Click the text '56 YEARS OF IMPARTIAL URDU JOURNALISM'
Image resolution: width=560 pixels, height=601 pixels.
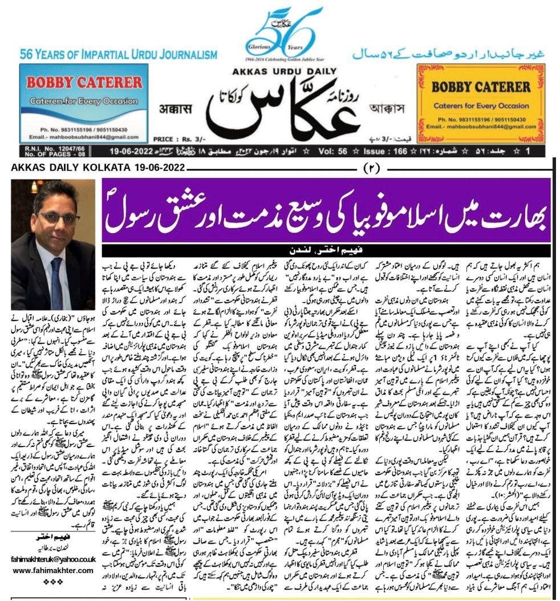pyautogui.click(x=119, y=55)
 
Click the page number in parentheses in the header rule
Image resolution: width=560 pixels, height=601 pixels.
pyautogui.click(x=369, y=168)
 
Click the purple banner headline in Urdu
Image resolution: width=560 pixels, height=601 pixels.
pyautogui.click(x=326, y=210)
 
